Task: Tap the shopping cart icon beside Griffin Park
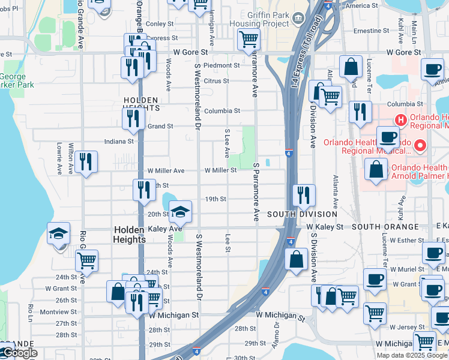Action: pyautogui.click(x=249, y=40)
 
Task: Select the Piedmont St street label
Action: pyautogui.click(x=221, y=65)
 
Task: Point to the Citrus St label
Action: pyautogui.click(x=217, y=81)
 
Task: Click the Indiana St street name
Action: pyautogui.click(x=119, y=142)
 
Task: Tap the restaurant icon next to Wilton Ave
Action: pyautogui.click(x=86, y=161)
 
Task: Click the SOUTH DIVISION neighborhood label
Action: pyautogui.click(x=302, y=214)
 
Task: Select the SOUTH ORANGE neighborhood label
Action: pyautogui.click(x=385, y=227)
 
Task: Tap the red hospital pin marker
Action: pyautogui.click(x=420, y=145)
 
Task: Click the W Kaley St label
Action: pyautogui.click(x=325, y=227)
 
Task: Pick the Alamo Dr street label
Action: pyautogui.click(x=277, y=332)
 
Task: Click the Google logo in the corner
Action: pyautogui.click(x=20, y=353)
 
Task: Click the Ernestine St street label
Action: pyautogui.click(x=372, y=31)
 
